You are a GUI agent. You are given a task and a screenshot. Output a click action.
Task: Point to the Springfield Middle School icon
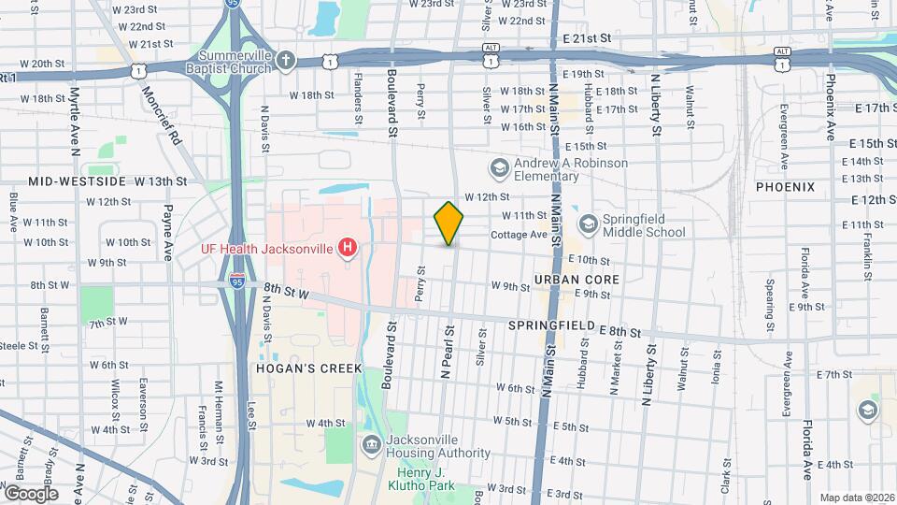coord(588,224)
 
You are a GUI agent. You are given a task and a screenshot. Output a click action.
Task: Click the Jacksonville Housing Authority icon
coord(372,442)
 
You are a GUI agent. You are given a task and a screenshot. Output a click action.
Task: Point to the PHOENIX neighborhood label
coord(785,187)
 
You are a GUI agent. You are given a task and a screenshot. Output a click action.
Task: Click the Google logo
coord(31,493)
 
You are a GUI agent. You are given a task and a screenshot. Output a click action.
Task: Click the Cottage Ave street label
coord(519,235)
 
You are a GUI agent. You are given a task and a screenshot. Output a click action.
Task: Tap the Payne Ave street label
coord(169,232)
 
